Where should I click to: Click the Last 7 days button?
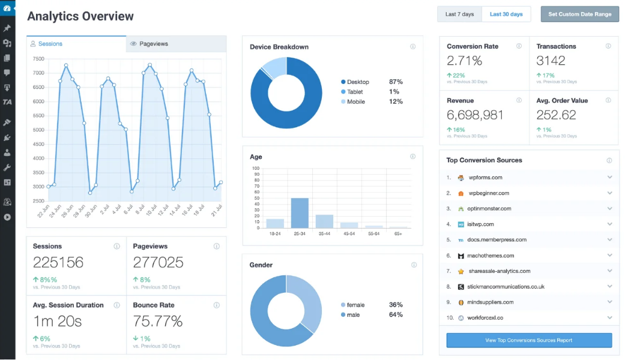click(459, 14)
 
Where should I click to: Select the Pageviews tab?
click(153, 44)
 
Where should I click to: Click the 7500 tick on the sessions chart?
click(38, 59)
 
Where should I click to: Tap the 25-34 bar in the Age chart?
click(300, 213)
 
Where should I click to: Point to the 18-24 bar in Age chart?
click(275, 223)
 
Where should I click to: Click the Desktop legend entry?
click(358, 82)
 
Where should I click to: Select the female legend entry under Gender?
click(355, 305)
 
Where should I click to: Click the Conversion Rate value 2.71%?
click(465, 61)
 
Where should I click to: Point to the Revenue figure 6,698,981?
click(475, 115)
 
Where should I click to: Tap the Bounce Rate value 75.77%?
click(158, 321)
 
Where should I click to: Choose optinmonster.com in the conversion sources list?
click(489, 209)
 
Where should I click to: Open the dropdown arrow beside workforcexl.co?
click(609, 318)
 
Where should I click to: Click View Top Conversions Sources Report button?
click(528, 340)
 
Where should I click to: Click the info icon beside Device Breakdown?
click(412, 47)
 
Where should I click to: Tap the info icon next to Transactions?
click(608, 46)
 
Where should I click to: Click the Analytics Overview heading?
click(80, 16)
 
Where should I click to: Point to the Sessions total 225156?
click(58, 262)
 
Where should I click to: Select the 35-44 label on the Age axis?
click(324, 233)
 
